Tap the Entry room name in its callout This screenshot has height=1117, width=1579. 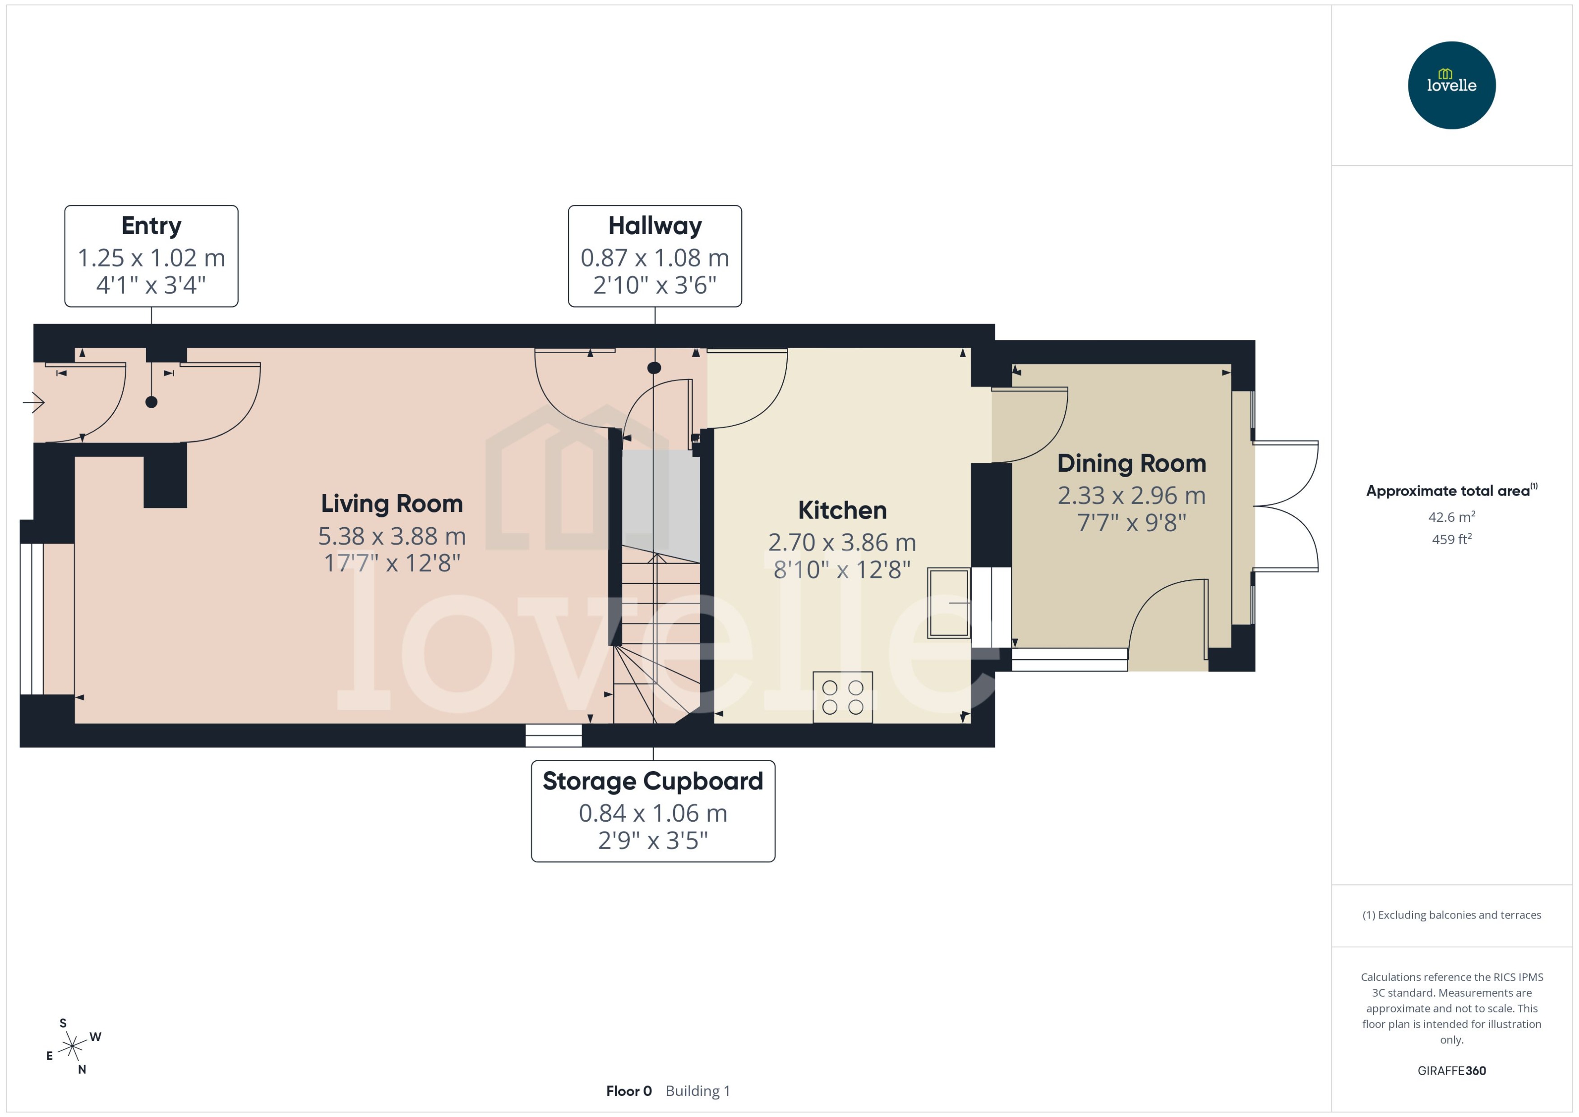tap(152, 225)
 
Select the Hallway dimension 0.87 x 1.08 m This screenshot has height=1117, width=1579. tap(654, 258)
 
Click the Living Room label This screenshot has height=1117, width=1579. tap(392, 503)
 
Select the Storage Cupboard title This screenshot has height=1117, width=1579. tap(652, 781)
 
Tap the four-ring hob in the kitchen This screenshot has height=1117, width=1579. tap(842, 697)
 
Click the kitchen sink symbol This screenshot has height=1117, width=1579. tap(949, 602)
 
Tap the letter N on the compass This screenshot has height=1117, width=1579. tap(82, 1070)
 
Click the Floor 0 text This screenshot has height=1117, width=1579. tap(628, 1091)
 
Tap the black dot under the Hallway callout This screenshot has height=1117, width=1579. tap(654, 368)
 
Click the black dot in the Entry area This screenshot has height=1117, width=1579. tap(152, 402)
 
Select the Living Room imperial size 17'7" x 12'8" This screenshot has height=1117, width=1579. tap(392, 563)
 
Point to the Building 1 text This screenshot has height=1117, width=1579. tap(697, 1091)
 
